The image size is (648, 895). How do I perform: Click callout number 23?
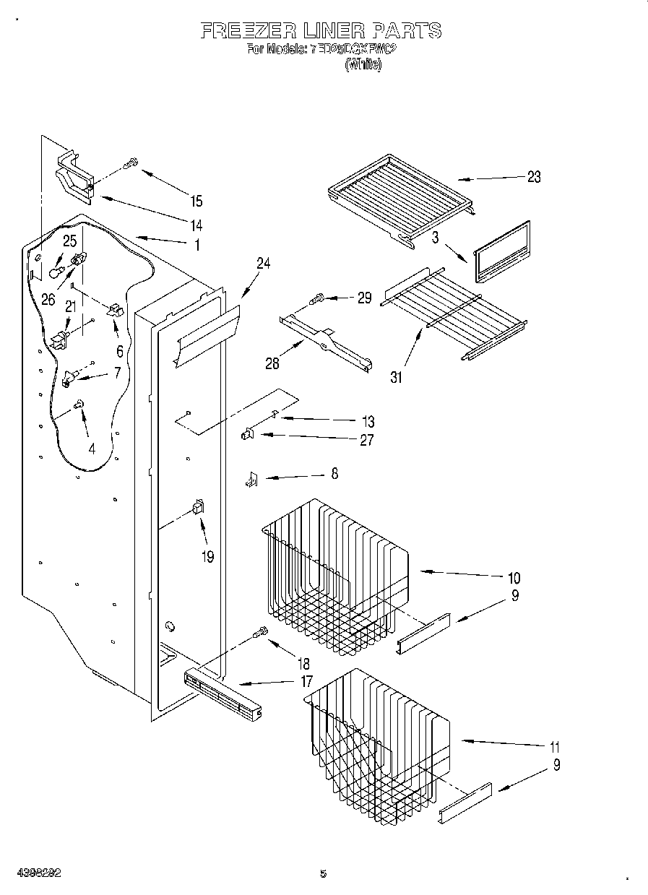tap(534, 177)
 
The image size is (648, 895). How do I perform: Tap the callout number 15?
tap(196, 202)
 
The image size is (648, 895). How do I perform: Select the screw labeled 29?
tap(317, 296)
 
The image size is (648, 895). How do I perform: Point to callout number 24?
tap(263, 264)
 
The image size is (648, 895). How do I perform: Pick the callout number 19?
tap(208, 558)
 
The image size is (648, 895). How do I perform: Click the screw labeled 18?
tap(260, 634)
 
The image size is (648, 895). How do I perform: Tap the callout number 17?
tap(306, 680)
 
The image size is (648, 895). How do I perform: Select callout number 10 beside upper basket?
tap(514, 577)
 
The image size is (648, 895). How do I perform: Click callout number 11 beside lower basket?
tap(554, 747)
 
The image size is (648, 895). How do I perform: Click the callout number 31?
tap(397, 376)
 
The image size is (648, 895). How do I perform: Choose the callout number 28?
tap(272, 363)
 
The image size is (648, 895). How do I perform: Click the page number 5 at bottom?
tap(323, 873)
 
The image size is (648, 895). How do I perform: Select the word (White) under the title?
tap(362, 64)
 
